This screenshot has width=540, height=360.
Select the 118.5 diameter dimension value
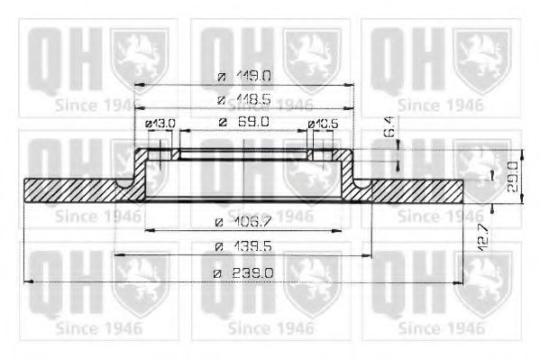252,100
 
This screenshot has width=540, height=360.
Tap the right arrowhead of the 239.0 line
462,282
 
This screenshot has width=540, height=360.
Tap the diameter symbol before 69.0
221,122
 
